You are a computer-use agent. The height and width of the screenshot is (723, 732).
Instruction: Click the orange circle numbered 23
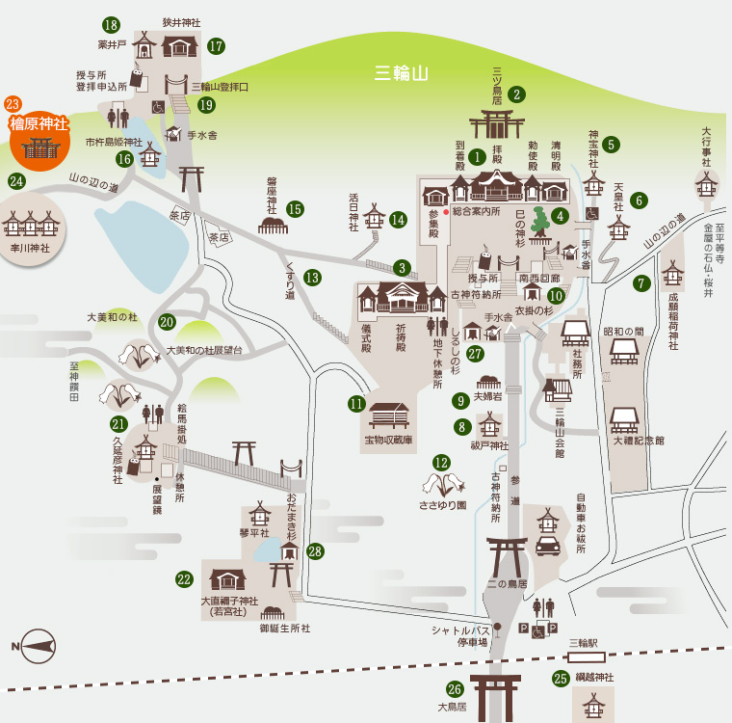click(13, 104)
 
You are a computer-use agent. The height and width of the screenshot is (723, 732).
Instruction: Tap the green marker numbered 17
click(216, 46)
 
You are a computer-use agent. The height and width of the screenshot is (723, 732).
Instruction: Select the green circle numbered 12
click(441, 463)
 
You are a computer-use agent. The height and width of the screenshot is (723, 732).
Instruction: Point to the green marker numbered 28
click(315, 551)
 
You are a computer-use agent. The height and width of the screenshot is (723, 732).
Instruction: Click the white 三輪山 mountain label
click(401, 73)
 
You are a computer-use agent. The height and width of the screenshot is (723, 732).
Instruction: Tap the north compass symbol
click(35, 646)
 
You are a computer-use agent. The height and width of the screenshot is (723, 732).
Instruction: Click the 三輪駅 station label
click(584, 643)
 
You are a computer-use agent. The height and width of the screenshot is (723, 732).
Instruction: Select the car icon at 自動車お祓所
click(548, 546)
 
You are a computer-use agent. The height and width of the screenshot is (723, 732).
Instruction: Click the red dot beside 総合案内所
click(446, 212)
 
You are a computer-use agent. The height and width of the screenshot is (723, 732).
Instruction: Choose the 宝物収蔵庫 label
click(388, 440)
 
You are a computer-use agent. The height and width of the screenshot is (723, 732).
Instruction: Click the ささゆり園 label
click(442, 505)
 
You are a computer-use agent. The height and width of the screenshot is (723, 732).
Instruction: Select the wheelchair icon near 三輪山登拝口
click(158, 108)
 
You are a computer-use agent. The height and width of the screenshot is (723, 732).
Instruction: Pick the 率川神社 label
click(30, 248)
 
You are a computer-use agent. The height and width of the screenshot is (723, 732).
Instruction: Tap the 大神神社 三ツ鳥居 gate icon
click(497, 124)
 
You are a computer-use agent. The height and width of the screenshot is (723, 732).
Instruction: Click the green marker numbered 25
click(561, 678)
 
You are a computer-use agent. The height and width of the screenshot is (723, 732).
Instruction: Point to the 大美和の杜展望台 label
click(204, 351)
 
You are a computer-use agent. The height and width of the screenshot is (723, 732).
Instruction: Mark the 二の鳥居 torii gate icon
click(507, 556)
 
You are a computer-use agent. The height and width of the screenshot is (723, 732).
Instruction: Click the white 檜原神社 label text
click(39, 123)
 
